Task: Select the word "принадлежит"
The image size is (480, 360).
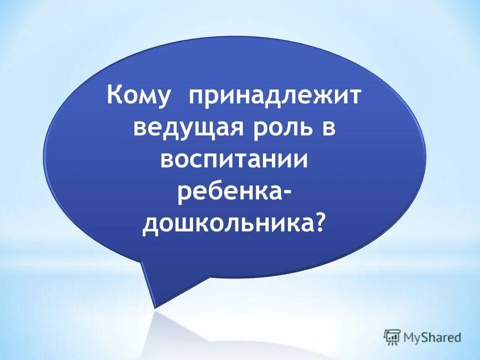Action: coord(274,95)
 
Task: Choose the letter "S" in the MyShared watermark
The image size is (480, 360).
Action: coord(421,337)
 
